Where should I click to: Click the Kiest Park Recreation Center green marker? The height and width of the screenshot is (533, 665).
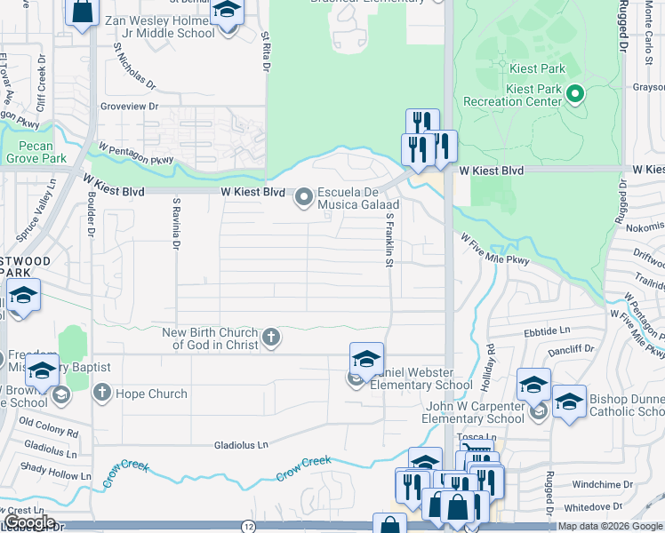[x=574, y=92]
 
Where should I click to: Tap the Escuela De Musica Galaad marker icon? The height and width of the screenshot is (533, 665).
[x=304, y=197]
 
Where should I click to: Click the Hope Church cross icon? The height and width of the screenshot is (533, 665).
[x=102, y=393]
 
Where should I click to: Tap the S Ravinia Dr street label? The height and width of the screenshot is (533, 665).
[x=176, y=222]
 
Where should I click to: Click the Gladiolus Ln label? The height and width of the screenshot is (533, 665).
[x=241, y=444]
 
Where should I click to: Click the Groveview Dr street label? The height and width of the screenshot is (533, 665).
[x=129, y=106]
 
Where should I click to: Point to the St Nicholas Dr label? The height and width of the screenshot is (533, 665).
[x=133, y=69]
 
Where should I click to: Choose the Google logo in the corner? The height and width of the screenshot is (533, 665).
[x=28, y=522]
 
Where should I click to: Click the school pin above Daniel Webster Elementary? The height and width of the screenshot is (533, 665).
[x=365, y=359]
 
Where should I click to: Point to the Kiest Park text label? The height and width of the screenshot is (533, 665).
[x=536, y=68]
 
